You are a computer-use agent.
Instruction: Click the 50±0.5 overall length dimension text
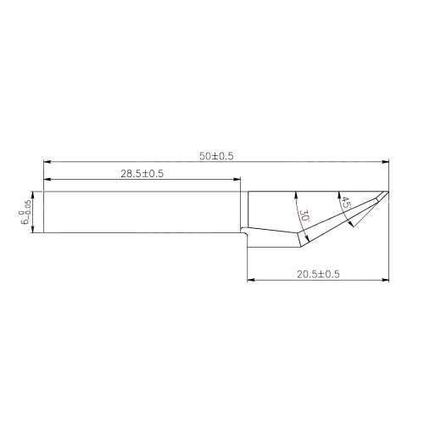[x=215, y=155]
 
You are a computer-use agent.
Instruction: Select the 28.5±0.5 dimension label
[x=142, y=174]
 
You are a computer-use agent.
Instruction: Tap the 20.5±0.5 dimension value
[x=318, y=273]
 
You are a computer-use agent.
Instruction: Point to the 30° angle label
[x=304, y=217]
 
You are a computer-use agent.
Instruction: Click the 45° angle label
[x=346, y=204]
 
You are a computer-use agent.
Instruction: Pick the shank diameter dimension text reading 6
[x=26, y=212]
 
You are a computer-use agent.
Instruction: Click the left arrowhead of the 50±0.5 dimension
[x=46, y=161]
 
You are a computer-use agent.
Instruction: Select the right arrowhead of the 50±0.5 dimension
[x=387, y=161]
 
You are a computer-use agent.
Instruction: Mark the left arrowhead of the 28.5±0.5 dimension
[x=46, y=180]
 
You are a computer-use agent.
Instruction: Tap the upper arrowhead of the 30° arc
[x=295, y=193]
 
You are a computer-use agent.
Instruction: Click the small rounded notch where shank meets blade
[x=244, y=228]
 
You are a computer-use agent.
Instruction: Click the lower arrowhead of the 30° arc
[x=303, y=243]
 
